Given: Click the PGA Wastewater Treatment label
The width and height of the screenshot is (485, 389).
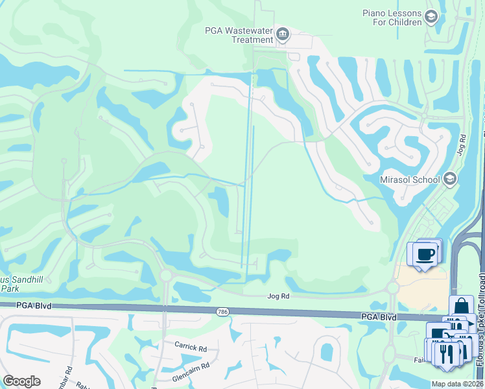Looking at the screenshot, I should pyautogui.click(x=239, y=35).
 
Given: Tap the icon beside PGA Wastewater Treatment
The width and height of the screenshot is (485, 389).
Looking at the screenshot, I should pyautogui.click(x=282, y=34).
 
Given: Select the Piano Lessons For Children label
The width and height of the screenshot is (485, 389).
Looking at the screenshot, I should pyautogui.click(x=392, y=18).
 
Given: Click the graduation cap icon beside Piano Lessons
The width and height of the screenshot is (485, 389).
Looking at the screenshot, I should pyautogui.click(x=431, y=18).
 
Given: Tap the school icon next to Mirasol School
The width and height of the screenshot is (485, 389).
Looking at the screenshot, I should pyautogui.click(x=450, y=179).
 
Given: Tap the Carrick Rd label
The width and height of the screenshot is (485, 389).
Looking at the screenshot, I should pyautogui.click(x=190, y=346).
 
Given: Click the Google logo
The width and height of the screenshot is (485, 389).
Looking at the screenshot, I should pyautogui.click(x=21, y=381).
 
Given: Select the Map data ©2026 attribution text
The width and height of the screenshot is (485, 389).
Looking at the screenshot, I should pyautogui.click(x=458, y=384).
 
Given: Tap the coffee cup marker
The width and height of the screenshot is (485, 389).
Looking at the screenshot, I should pyautogui.click(x=425, y=253).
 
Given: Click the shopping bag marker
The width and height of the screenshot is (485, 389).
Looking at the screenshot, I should pyautogui.click(x=460, y=307).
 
